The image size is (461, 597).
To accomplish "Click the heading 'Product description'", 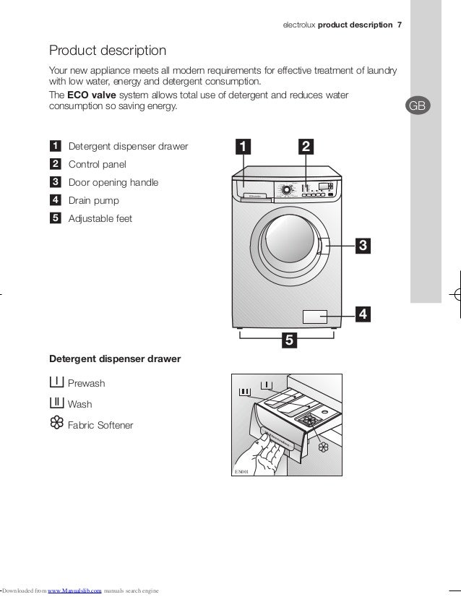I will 107,51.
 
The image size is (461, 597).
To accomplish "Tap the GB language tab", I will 418,106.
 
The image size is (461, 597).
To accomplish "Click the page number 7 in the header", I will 400,26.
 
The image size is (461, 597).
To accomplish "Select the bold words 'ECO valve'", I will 92,95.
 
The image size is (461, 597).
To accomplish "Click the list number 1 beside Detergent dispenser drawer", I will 56,147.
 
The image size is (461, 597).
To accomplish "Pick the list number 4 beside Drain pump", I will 56,200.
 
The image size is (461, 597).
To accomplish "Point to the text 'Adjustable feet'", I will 100,218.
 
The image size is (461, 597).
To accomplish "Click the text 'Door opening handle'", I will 113,183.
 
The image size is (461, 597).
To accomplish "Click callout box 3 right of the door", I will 363,246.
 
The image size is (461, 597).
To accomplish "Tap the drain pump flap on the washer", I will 315,316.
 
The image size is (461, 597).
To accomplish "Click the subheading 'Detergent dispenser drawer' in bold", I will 114,358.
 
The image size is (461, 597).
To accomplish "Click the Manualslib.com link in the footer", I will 74,591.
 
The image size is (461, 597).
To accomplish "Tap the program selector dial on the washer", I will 287,189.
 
